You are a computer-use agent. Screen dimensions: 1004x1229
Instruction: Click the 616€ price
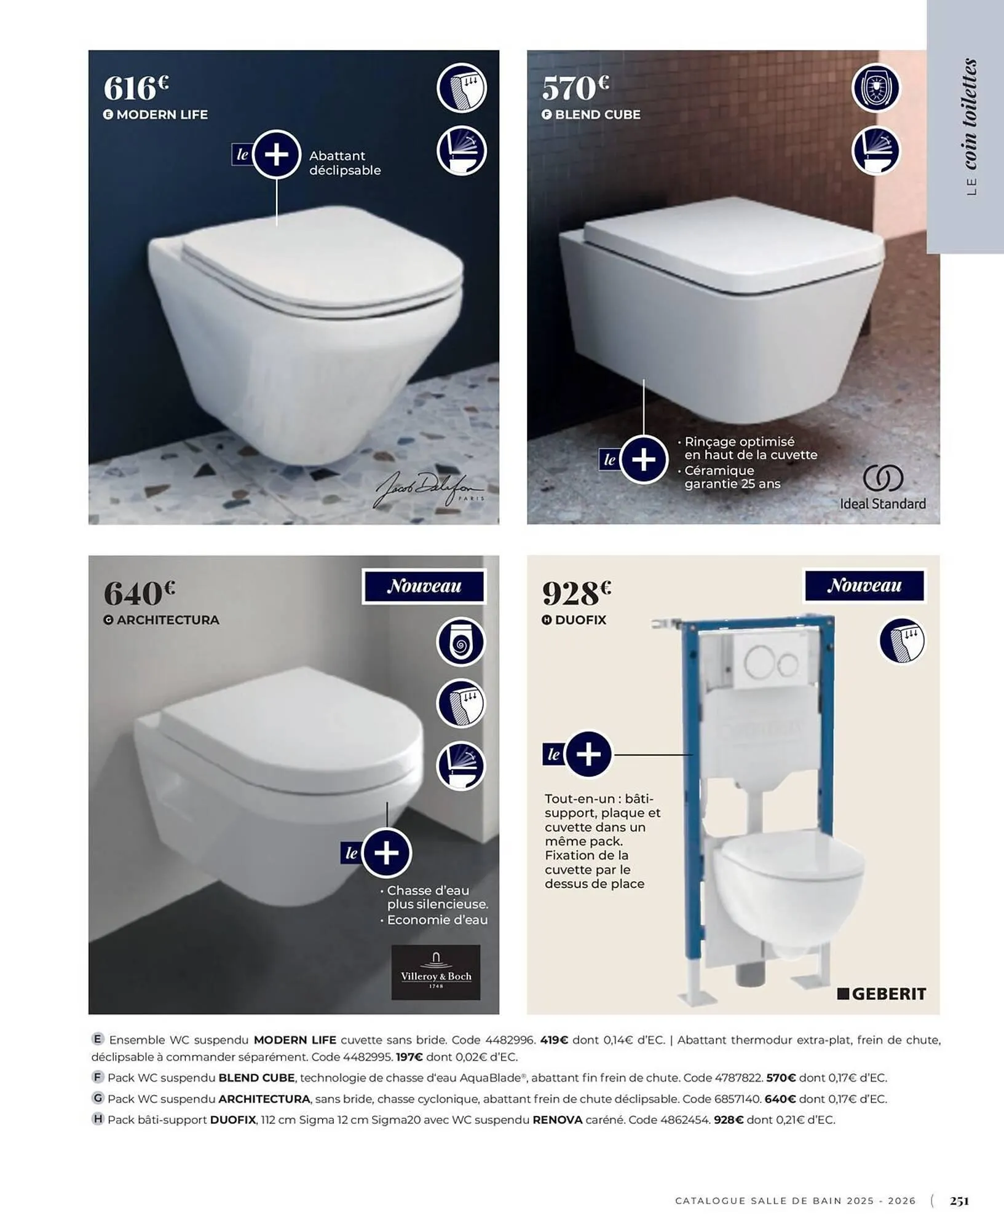point(136,87)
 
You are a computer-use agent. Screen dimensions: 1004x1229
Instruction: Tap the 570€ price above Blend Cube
point(575,87)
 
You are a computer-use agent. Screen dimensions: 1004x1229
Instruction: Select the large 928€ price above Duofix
point(577,592)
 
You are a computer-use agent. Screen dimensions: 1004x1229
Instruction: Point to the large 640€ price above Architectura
point(139,592)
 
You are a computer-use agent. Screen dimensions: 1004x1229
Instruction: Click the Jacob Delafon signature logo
point(429,490)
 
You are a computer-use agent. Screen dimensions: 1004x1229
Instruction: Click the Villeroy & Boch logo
point(436,972)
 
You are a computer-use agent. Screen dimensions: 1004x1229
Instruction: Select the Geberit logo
point(882,994)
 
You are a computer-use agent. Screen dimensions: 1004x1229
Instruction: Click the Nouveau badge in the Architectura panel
point(424,586)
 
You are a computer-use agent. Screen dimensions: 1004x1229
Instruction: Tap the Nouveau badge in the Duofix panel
point(864,586)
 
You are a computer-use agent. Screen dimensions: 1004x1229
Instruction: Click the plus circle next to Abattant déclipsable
point(276,154)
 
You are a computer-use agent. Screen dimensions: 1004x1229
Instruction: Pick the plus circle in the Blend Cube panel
point(644,459)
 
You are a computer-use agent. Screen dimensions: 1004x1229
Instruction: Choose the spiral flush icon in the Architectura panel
point(461,642)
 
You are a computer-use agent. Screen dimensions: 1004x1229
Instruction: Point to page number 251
point(959,1200)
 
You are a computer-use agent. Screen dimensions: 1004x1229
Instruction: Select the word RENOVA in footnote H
point(557,1120)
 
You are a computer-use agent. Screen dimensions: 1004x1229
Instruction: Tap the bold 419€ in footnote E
point(555,1040)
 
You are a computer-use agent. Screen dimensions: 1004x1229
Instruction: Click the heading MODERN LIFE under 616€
point(162,114)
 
